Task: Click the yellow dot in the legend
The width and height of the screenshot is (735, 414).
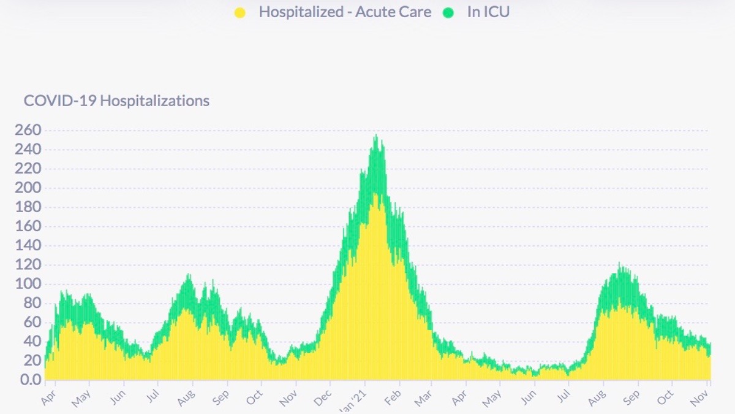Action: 240,12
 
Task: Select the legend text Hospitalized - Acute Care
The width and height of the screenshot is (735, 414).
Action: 345,12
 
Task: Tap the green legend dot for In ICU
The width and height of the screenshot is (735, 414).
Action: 449,12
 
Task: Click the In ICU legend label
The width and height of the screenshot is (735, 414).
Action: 488,12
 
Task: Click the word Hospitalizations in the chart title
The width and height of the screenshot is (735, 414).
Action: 154,101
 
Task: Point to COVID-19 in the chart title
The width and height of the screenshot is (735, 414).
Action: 59,101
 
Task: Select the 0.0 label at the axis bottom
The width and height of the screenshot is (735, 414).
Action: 30,380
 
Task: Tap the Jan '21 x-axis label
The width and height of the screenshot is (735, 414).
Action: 357,400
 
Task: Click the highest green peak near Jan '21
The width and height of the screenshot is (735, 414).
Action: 376,136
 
